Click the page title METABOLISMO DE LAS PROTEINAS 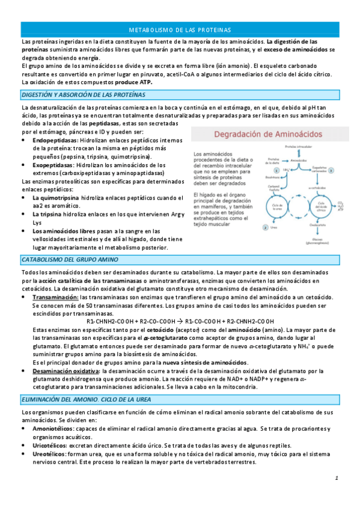click(180, 29)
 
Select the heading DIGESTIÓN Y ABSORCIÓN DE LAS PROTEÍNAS click(82, 95)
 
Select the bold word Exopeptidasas click(53, 164)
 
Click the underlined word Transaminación click(55, 298)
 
